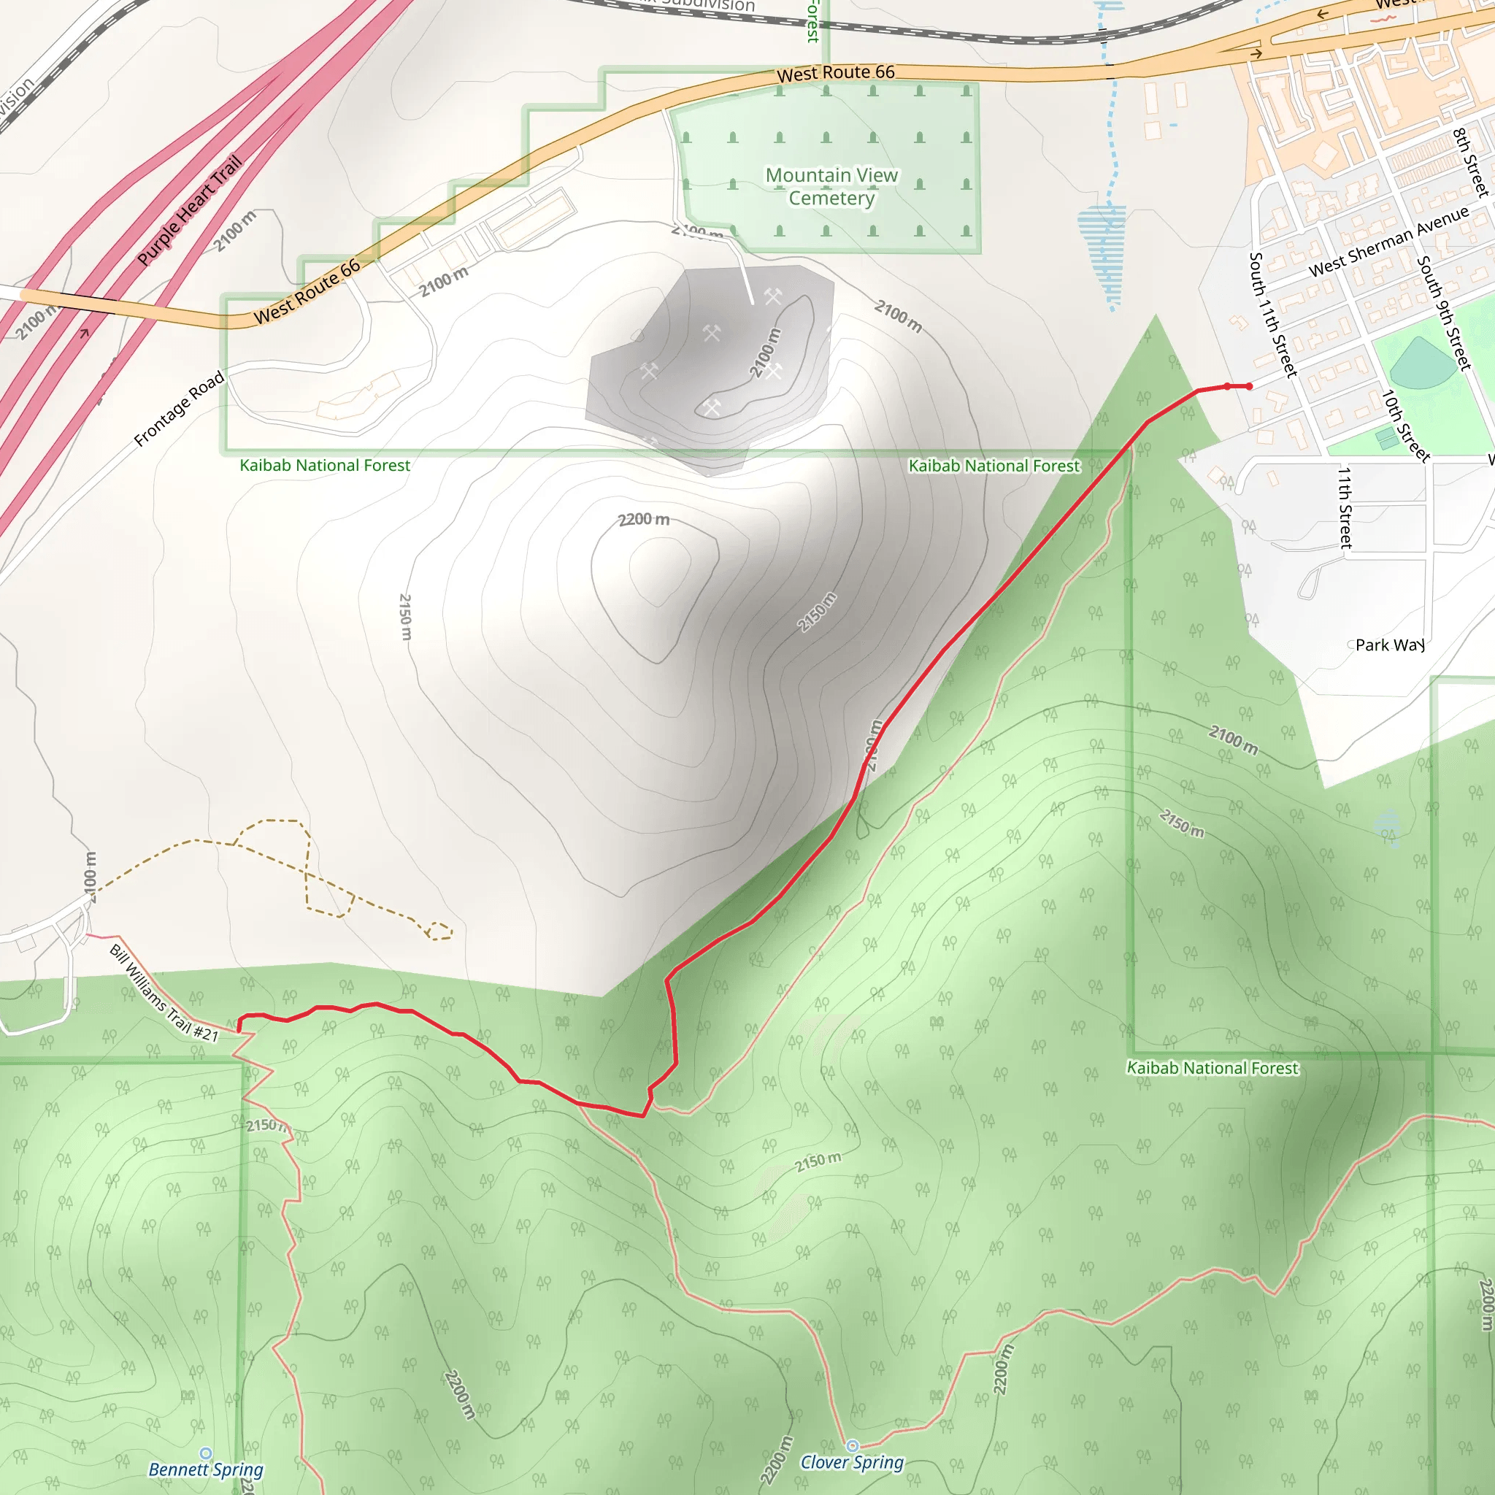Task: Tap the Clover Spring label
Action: point(851,1461)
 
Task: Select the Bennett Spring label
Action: point(206,1469)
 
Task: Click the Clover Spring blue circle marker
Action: point(852,1445)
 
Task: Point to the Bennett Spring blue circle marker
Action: point(206,1453)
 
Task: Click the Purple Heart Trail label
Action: point(190,210)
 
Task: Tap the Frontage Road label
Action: point(179,409)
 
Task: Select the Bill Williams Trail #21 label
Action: point(164,993)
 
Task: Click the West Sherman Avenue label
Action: point(1388,242)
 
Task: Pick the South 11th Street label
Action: point(1272,314)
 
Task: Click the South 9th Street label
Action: point(1442,312)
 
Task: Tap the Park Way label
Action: point(1390,645)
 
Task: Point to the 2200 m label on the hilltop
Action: point(644,519)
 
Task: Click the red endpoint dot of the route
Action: point(1249,386)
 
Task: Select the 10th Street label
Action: point(1405,426)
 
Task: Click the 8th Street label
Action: point(1470,163)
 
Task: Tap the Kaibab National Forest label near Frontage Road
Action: point(325,465)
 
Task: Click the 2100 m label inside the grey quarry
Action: point(765,353)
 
